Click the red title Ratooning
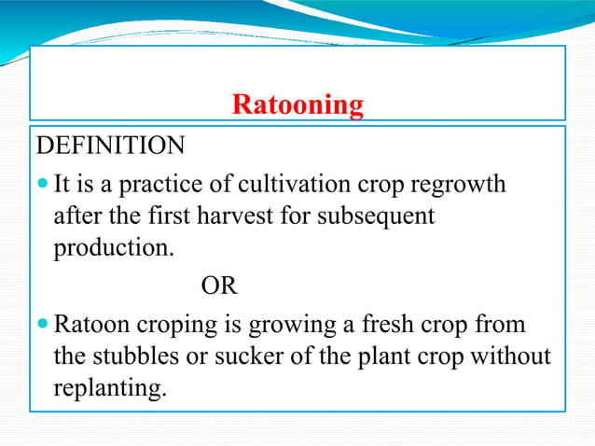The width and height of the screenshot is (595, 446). pos(297,105)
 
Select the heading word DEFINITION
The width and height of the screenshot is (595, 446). pos(110,146)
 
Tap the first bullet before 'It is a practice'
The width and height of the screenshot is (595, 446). pos(44,183)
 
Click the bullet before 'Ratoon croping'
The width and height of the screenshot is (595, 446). pos(44,326)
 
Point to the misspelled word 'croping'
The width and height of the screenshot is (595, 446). pos(176,328)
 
